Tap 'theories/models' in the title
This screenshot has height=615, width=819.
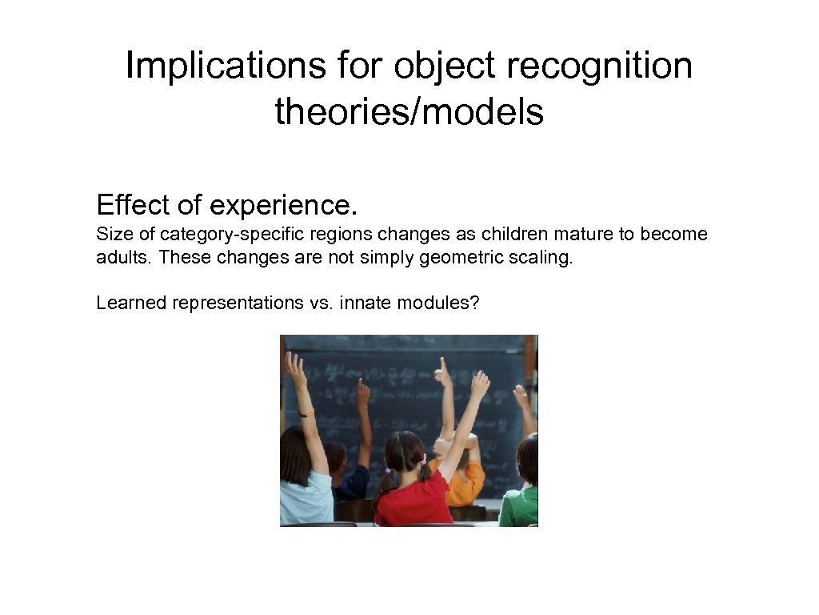tap(409, 112)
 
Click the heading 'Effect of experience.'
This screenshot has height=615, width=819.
tap(226, 206)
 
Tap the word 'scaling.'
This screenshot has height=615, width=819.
tap(543, 259)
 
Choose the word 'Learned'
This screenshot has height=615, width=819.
tap(130, 303)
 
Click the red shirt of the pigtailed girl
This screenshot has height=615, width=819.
tap(412, 500)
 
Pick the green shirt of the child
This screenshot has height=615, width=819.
tap(520, 504)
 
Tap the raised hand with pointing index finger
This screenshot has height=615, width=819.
tap(441, 373)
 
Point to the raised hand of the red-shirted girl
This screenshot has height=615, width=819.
tap(480, 384)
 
